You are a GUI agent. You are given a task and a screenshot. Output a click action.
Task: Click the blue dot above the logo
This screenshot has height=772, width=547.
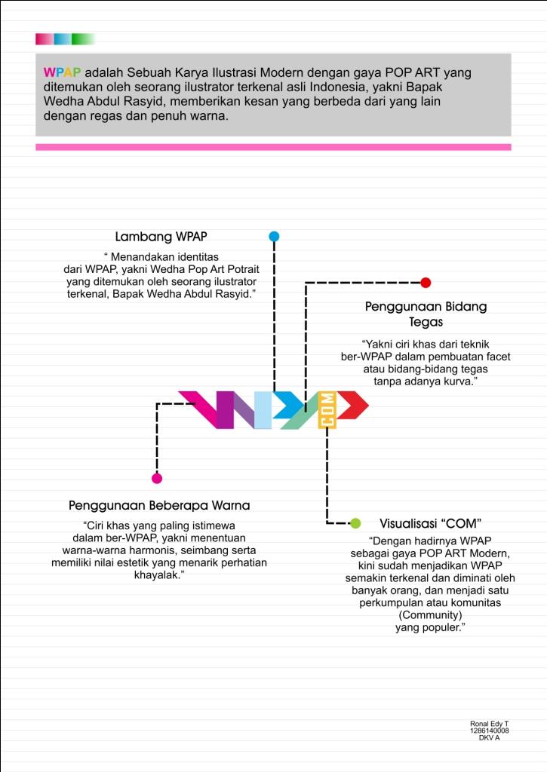pyautogui.click(x=274, y=236)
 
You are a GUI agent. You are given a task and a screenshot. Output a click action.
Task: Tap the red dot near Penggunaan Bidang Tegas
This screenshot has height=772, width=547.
pyautogui.click(x=426, y=283)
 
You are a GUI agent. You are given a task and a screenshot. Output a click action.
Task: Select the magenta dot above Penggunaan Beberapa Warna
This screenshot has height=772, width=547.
pyautogui.click(x=157, y=478)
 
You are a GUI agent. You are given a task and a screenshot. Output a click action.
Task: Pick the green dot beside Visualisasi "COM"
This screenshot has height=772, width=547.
pyautogui.click(x=355, y=523)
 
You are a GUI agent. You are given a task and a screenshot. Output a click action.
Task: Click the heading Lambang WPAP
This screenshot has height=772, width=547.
pyautogui.click(x=161, y=237)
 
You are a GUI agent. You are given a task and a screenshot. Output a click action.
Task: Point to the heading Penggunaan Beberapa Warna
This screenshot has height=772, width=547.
pyautogui.click(x=159, y=505)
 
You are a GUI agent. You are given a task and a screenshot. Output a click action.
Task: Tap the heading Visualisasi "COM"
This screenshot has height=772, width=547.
pyautogui.click(x=431, y=523)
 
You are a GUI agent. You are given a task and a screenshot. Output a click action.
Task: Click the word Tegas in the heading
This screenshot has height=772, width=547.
pyautogui.click(x=426, y=322)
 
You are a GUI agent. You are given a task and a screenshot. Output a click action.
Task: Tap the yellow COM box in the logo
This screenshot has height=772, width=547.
pyautogui.click(x=327, y=409)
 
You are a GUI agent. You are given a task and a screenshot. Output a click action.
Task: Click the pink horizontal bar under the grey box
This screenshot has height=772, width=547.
pyautogui.click(x=273, y=147)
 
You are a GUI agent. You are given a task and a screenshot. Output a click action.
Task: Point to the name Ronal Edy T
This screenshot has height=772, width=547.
pyautogui.click(x=490, y=724)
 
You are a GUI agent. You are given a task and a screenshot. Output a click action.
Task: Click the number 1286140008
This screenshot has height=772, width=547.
pyautogui.click(x=489, y=731)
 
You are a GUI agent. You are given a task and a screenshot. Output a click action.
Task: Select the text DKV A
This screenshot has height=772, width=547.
pyautogui.click(x=489, y=738)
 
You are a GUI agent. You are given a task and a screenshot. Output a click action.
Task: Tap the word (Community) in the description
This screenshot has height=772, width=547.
pyautogui.click(x=429, y=615)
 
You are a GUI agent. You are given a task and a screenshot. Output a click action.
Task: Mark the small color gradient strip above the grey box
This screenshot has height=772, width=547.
pyautogui.click(x=65, y=39)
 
